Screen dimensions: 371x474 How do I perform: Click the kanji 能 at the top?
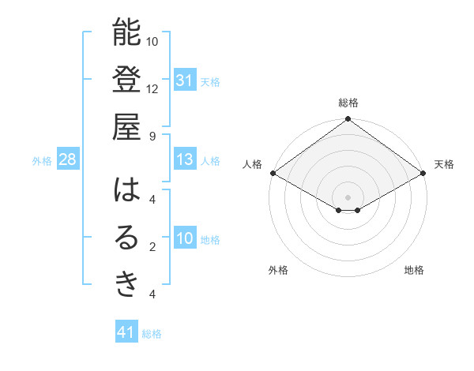(x=126, y=32)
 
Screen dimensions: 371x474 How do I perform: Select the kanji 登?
(x=126, y=80)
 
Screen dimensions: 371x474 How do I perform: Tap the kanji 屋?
(x=126, y=127)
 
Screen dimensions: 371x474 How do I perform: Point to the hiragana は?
(x=126, y=190)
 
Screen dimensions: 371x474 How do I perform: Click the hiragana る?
(x=126, y=238)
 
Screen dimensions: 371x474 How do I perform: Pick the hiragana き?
(x=126, y=285)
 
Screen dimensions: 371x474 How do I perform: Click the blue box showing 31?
(x=185, y=81)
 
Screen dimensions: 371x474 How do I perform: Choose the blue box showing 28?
(x=68, y=160)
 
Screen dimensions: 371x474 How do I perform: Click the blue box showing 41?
(x=126, y=332)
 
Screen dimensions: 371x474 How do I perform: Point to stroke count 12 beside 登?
(x=152, y=88)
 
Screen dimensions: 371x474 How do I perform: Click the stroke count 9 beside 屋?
(x=152, y=135)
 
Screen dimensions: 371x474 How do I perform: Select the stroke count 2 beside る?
(x=152, y=246)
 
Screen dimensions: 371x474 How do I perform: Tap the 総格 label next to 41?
(x=152, y=334)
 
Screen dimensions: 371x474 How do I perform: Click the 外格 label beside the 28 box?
(x=42, y=161)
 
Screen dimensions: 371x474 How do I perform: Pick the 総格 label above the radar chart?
(x=348, y=103)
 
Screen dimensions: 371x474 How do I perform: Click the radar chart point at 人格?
(x=273, y=173)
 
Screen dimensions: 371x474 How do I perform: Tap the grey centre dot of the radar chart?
(x=348, y=197)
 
